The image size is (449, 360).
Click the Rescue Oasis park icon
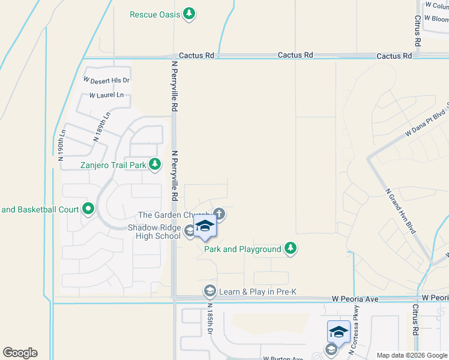click(x=189, y=13)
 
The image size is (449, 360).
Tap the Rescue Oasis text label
click(x=155, y=14)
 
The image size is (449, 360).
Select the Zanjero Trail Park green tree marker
click(x=155, y=164)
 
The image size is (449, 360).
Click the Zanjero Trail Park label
click(x=113, y=164)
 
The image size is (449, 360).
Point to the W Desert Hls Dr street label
click(x=106, y=80)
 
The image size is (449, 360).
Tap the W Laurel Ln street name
click(x=106, y=95)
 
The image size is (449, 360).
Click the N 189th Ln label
click(x=102, y=127)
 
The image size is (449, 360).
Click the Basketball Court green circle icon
click(x=89, y=209)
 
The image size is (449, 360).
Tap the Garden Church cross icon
click(x=220, y=214)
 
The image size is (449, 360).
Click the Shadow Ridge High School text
click(x=154, y=232)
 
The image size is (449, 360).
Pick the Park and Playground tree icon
click(x=291, y=248)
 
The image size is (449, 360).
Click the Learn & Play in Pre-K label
click(x=258, y=292)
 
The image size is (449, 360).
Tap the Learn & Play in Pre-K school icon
click(x=209, y=292)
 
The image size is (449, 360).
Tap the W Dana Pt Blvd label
click(x=427, y=124)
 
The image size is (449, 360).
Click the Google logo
click(x=19, y=353)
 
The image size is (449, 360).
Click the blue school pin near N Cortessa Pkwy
click(x=339, y=332)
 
